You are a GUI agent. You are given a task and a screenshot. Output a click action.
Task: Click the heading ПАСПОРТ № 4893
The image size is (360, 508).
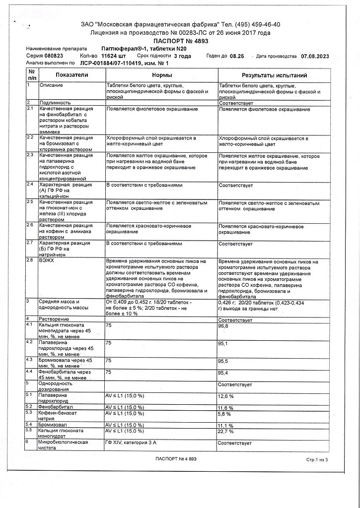(x=181, y=41)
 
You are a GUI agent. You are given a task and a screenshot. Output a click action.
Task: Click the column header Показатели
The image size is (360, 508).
(x=72, y=75)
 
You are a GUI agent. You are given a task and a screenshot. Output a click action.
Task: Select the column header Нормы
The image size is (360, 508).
(x=162, y=75)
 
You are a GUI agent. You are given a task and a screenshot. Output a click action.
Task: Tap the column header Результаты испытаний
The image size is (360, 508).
(x=274, y=75)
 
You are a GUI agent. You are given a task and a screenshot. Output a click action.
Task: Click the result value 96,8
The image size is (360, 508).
(x=225, y=325)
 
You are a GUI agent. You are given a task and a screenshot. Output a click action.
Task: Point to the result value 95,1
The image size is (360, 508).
(x=225, y=343)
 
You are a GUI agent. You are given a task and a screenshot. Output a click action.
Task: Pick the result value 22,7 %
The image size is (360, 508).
(x=226, y=431)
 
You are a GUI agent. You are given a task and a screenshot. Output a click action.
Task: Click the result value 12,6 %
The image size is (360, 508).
(x=226, y=396)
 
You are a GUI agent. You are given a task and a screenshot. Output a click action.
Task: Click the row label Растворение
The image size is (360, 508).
(x=55, y=318)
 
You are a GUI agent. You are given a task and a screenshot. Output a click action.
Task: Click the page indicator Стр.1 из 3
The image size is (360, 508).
(x=317, y=460)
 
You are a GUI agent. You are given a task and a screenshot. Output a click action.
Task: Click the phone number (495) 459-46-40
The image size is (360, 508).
(x=257, y=24)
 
